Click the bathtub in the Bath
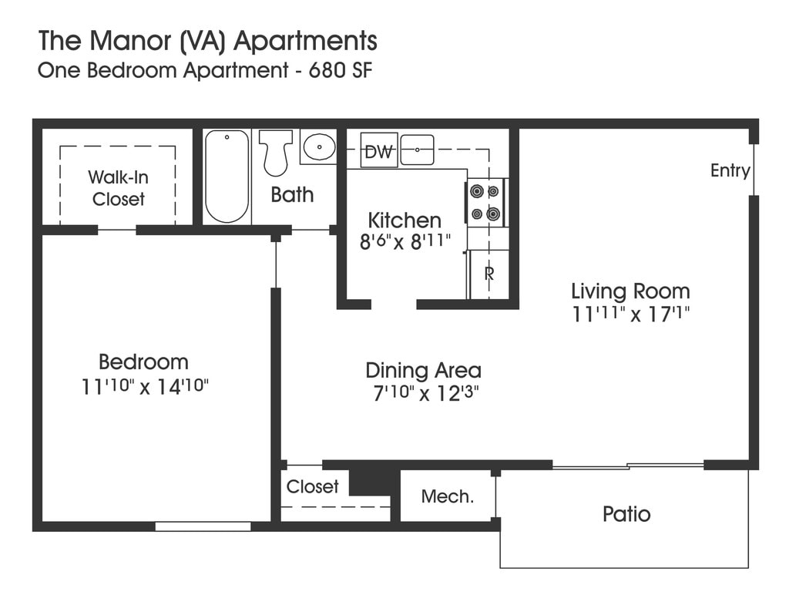(227, 177)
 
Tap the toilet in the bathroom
(275, 153)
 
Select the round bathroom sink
(319, 146)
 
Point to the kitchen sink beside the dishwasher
(417, 150)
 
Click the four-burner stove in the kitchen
(486, 203)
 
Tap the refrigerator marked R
(488, 274)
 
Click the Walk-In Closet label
(118, 188)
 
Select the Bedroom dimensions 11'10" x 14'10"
(144, 387)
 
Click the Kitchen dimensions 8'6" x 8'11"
(405, 242)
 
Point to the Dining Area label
(423, 371)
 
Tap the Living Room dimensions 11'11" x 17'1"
(630, 314)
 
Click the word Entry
(730, 170)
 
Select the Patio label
(626, 514)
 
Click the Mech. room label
(448, 497)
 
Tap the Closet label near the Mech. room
(313, 486)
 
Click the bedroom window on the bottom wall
(203, 526)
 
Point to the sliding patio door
(628, 466)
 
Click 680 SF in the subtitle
(340, 70)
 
